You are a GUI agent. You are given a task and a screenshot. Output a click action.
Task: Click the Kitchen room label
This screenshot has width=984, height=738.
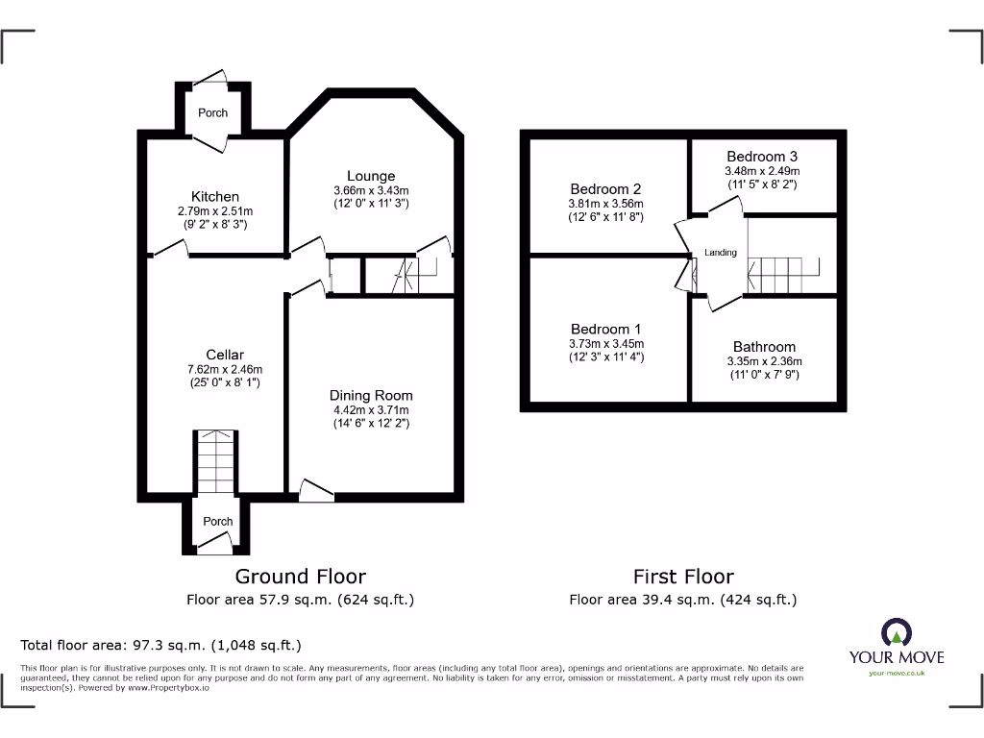click(214, 196)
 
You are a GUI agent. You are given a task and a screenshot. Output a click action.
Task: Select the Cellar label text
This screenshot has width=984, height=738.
click(225, 355)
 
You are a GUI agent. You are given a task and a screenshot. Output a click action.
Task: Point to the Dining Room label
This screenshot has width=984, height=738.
click(371, 395)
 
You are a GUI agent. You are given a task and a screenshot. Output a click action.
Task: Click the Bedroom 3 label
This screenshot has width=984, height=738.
click(761, 157)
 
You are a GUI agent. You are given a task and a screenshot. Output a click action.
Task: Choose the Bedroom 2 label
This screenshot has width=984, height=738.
click(605, 189)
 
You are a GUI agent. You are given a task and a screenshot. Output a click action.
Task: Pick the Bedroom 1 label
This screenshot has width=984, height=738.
click(605, 330)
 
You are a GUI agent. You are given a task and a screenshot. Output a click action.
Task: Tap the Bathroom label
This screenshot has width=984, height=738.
click(764, 347)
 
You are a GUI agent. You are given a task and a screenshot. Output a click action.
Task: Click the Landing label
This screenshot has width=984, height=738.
click(721, 253)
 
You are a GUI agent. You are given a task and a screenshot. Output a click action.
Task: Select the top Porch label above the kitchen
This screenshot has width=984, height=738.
click(213, 112)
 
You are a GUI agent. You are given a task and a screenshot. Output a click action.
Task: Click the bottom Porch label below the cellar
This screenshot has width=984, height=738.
click(218, 521)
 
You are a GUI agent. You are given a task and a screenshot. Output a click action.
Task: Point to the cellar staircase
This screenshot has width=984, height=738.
click(214, 461)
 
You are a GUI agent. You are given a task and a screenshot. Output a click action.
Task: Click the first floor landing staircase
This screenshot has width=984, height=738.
click(783, 275)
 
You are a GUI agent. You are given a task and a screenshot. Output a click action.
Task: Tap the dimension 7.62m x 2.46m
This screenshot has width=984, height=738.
click(225, 369)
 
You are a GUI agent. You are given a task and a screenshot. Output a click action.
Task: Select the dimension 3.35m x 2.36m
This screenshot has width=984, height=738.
click(764, 361)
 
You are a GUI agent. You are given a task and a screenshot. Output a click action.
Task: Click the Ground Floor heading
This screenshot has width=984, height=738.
click(301, 577)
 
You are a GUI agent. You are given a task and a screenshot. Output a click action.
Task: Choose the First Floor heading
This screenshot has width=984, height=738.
click(683, 577)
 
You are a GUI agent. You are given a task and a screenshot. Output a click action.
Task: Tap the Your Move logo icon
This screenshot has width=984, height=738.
click(896, 632)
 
